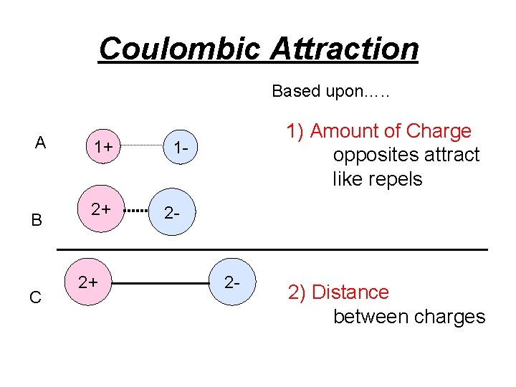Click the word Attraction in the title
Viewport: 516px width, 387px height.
click(344, 49)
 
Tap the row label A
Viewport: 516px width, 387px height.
click(41, 143)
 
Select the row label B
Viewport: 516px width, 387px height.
click(37, 220)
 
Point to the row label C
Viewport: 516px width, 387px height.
click(35, 297)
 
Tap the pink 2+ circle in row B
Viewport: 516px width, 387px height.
click(100, 210)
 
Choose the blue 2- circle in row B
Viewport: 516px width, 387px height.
click(172, 213)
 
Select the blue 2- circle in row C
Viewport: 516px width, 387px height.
click(232, 282)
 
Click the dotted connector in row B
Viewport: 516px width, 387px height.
click(136, 211)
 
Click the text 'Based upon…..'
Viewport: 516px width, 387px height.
click(330, 92)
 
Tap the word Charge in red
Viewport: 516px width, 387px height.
click(439, 131)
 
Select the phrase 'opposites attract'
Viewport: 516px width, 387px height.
click(406, 155)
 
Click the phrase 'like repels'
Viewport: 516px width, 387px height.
click(377, 179)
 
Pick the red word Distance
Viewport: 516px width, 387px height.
click(350, 292)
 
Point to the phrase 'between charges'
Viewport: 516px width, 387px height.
click(408, 317)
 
